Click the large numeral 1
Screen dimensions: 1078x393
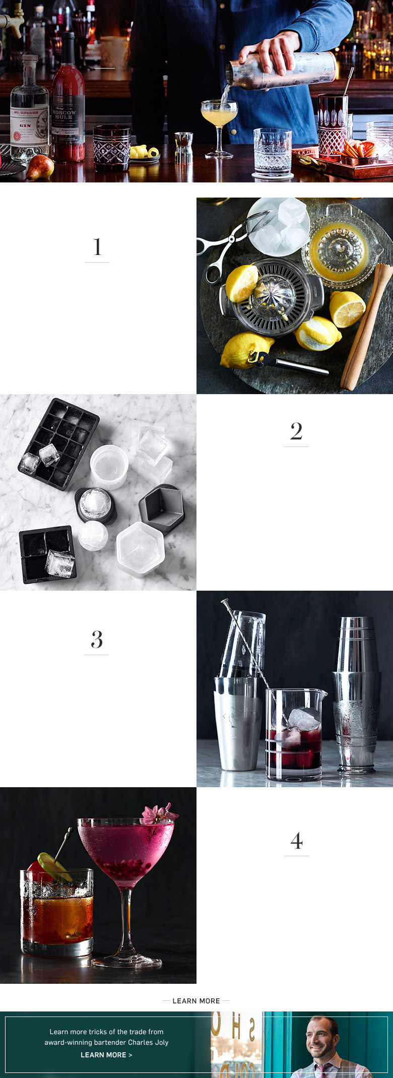97,247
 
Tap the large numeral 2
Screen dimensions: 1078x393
296,431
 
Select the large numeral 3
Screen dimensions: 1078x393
97,640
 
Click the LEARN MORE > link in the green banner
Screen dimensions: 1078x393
106,1055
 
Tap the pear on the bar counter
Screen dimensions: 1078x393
40,167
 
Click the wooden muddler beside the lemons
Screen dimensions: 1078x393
367,328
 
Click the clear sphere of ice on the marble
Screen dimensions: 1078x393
93,536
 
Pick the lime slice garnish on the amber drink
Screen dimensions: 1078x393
54,867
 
